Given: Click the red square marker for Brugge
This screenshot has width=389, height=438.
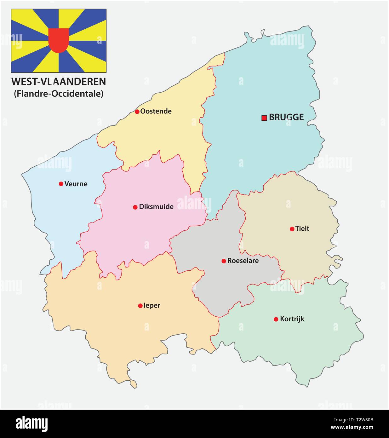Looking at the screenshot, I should pyautogui.click(x=264, y=118).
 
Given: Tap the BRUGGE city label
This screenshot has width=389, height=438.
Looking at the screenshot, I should pyautogui.click(x=286, y=118).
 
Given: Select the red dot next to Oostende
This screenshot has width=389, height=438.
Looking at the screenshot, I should pyautogui.click(x=137, y=112).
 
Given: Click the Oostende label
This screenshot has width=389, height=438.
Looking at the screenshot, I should pyautogui.click(x=156, y=111).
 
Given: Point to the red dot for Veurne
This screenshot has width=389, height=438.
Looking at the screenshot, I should pyautogui.click(x=61, y=184).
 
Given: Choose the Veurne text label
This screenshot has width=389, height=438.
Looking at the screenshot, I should pyautogui.click(x=76, y=184).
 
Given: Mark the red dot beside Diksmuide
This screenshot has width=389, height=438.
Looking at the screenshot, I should pyautogui.click(x=135, y=207).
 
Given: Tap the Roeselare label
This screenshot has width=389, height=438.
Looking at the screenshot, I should pyautogui.click(x=243, y=261).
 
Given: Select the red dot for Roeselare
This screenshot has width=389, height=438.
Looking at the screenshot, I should pyautogui.click(x=224, y=261).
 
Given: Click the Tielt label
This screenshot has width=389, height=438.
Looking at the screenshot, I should pyautogui.click(x=302, y=229).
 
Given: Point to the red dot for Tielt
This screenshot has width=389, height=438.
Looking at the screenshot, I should pyautogui.click(x=292, y=229).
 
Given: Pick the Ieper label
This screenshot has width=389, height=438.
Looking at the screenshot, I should pyautogui.click(x=152, y=306).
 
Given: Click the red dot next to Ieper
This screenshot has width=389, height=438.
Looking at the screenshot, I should pyautogui.click(x=140, y=306).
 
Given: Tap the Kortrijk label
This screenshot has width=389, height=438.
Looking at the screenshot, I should pyautogui.click(x=292, y=319).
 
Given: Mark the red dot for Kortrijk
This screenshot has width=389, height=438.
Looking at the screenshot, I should pyautogui.click(x=276, y=319).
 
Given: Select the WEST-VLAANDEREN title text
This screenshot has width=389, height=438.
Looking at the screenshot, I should pyautogui.click(x=59, y=82).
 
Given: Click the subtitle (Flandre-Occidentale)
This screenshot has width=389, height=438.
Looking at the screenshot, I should pyautogui.click(x=59, y=94).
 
